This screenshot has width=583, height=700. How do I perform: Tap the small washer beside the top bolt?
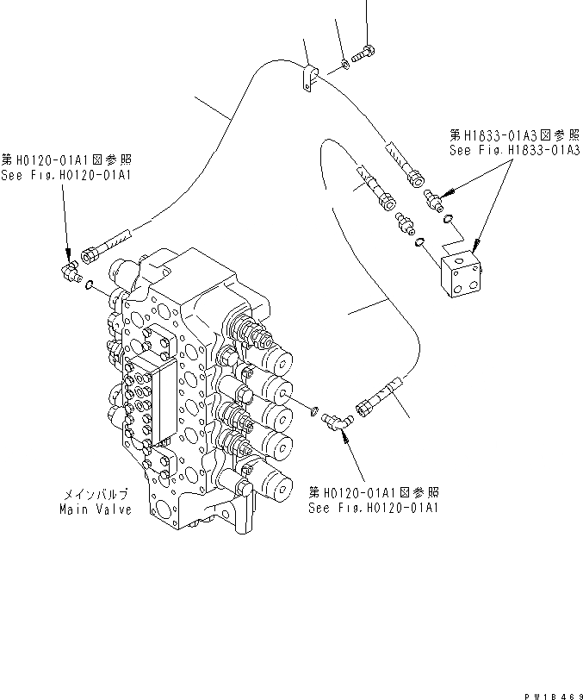344,63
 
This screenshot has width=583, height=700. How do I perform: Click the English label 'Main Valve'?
96,509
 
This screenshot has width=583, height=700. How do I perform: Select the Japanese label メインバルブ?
96,495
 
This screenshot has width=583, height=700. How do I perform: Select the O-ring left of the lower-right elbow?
315,409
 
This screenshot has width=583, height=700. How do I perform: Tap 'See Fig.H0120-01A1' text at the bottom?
374,508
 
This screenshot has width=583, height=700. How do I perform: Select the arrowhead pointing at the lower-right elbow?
344,434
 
